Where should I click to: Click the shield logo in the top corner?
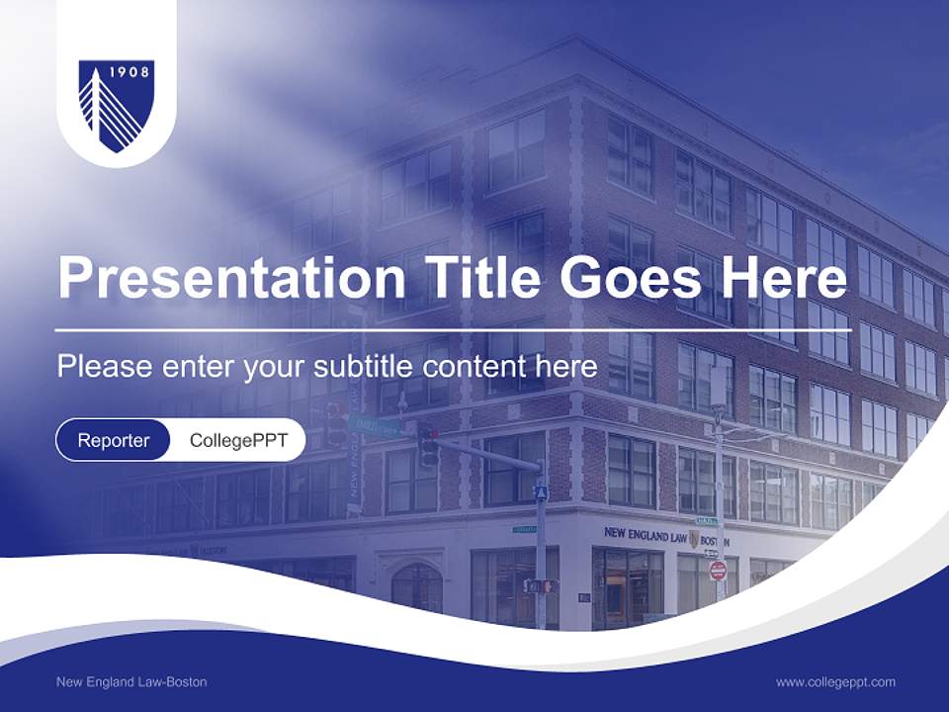pyautogui.click(x=116, y=105)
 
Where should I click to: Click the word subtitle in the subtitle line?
pyautogui.click(x=363, y=366)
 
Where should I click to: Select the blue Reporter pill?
pyautogui.click(x=113, y=440)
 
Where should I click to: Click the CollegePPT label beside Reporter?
pyautogui.click(x=238, y=440)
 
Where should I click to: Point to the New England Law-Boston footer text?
pyautogui.click(x=131, y=681)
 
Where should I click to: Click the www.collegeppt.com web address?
pyautogui.click(x=835, y=681)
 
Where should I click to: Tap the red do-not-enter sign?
pyautogui.click(x=718, y=571)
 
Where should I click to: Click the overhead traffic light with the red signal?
pyautogui.click(x=427, y=444)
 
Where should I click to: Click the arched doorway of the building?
pyautogui.click(x=416, y=587)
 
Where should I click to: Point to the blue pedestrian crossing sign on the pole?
pyautogui.click(x=540, y=491)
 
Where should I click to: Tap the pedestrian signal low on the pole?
pyautogui.click(x=540, y=585)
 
